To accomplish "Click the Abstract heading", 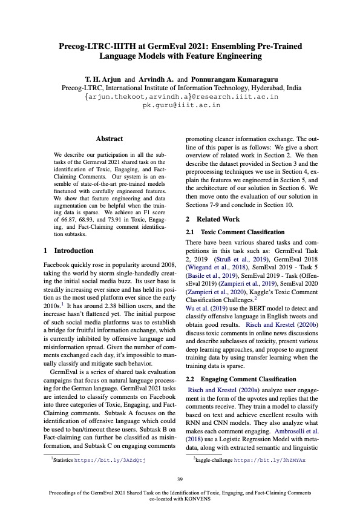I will tap(110, 139).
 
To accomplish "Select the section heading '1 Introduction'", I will tap(69, 250).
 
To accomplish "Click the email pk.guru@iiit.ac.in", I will tap(181, 105).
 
